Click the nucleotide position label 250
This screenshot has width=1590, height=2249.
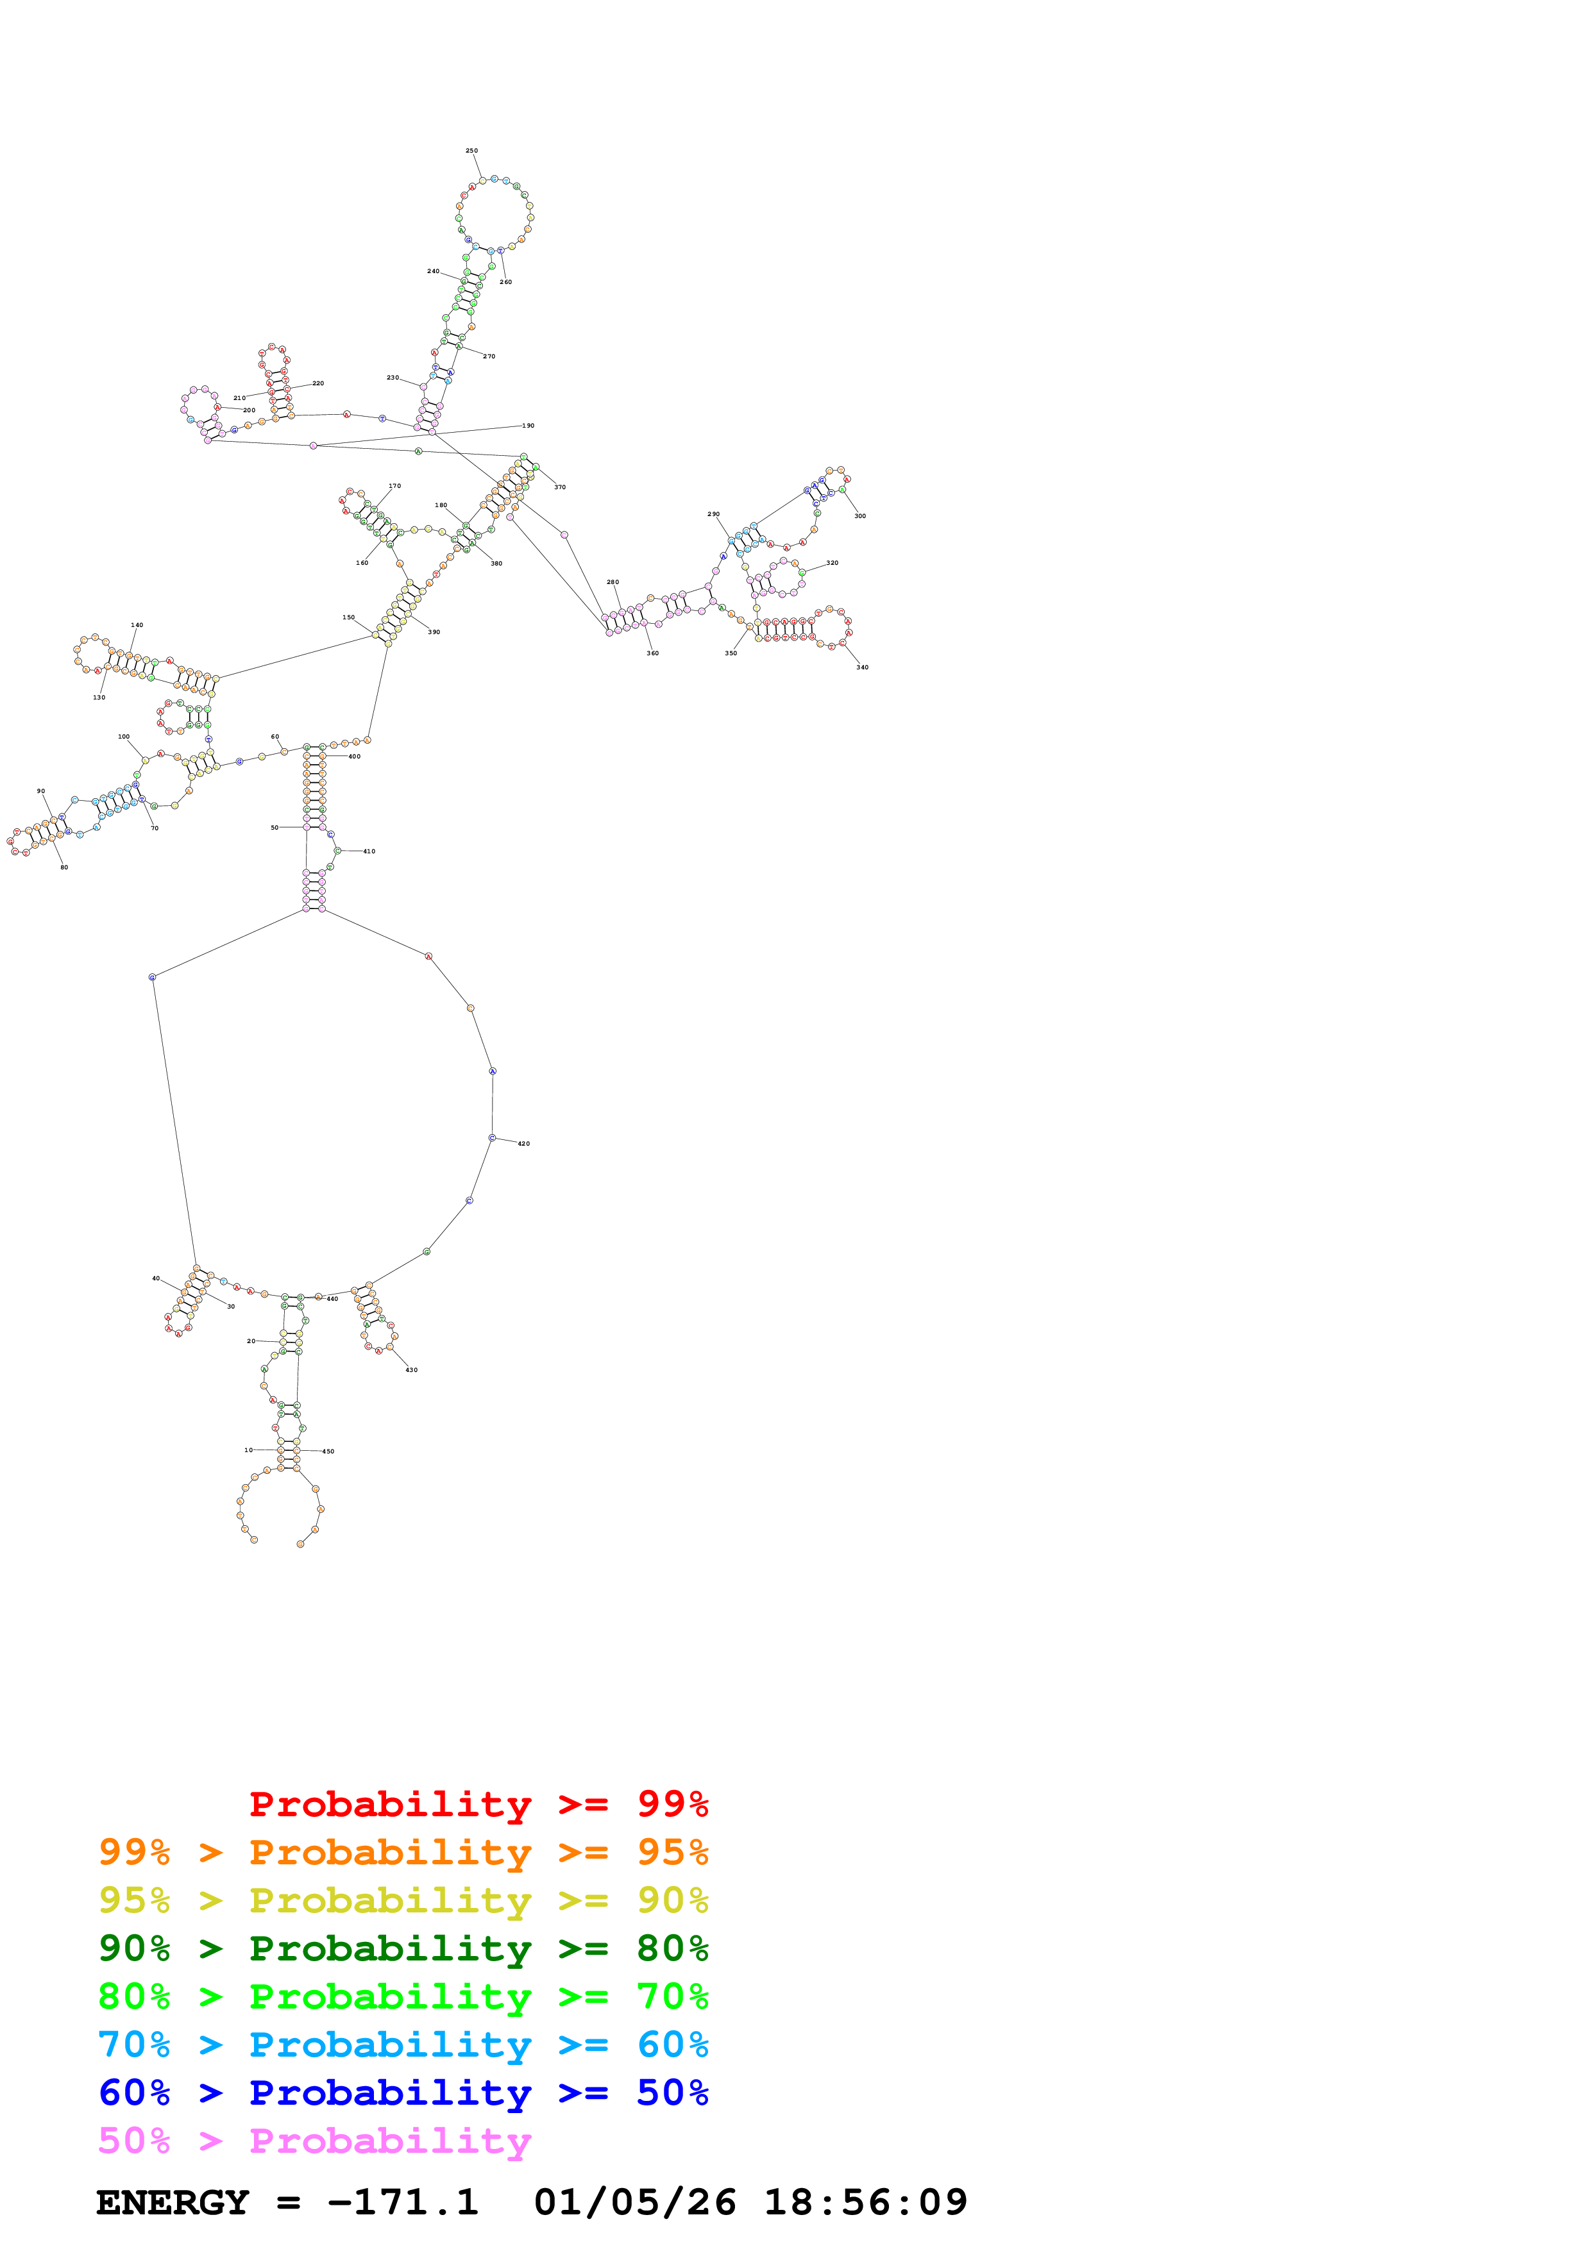click(471, 151)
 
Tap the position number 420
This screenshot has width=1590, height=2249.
click(524, 1144)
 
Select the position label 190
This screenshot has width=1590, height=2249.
click(528, 426)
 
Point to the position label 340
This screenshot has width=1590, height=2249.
click(862, 668)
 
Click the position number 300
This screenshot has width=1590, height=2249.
click(860, 516)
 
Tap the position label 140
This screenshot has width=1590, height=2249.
click(137, 625)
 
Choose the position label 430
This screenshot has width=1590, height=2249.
click(412, 1370)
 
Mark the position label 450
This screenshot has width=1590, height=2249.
click(328, 1451)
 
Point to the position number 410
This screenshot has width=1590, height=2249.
click(369, 852)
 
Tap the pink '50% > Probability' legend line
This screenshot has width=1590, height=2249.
click(314, 2142)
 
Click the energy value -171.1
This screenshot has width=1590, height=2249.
click(403, 2203)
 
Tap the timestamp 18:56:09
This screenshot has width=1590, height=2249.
click(865, 2203)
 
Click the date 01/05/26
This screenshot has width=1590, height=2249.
click(635, 2203)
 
